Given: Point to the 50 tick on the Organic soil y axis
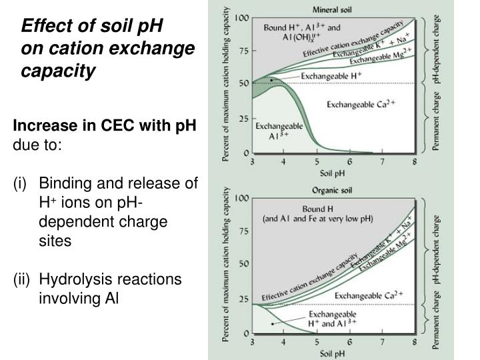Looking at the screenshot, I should (x=245, y=265).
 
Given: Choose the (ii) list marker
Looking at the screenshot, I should (x=17, y=279).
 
